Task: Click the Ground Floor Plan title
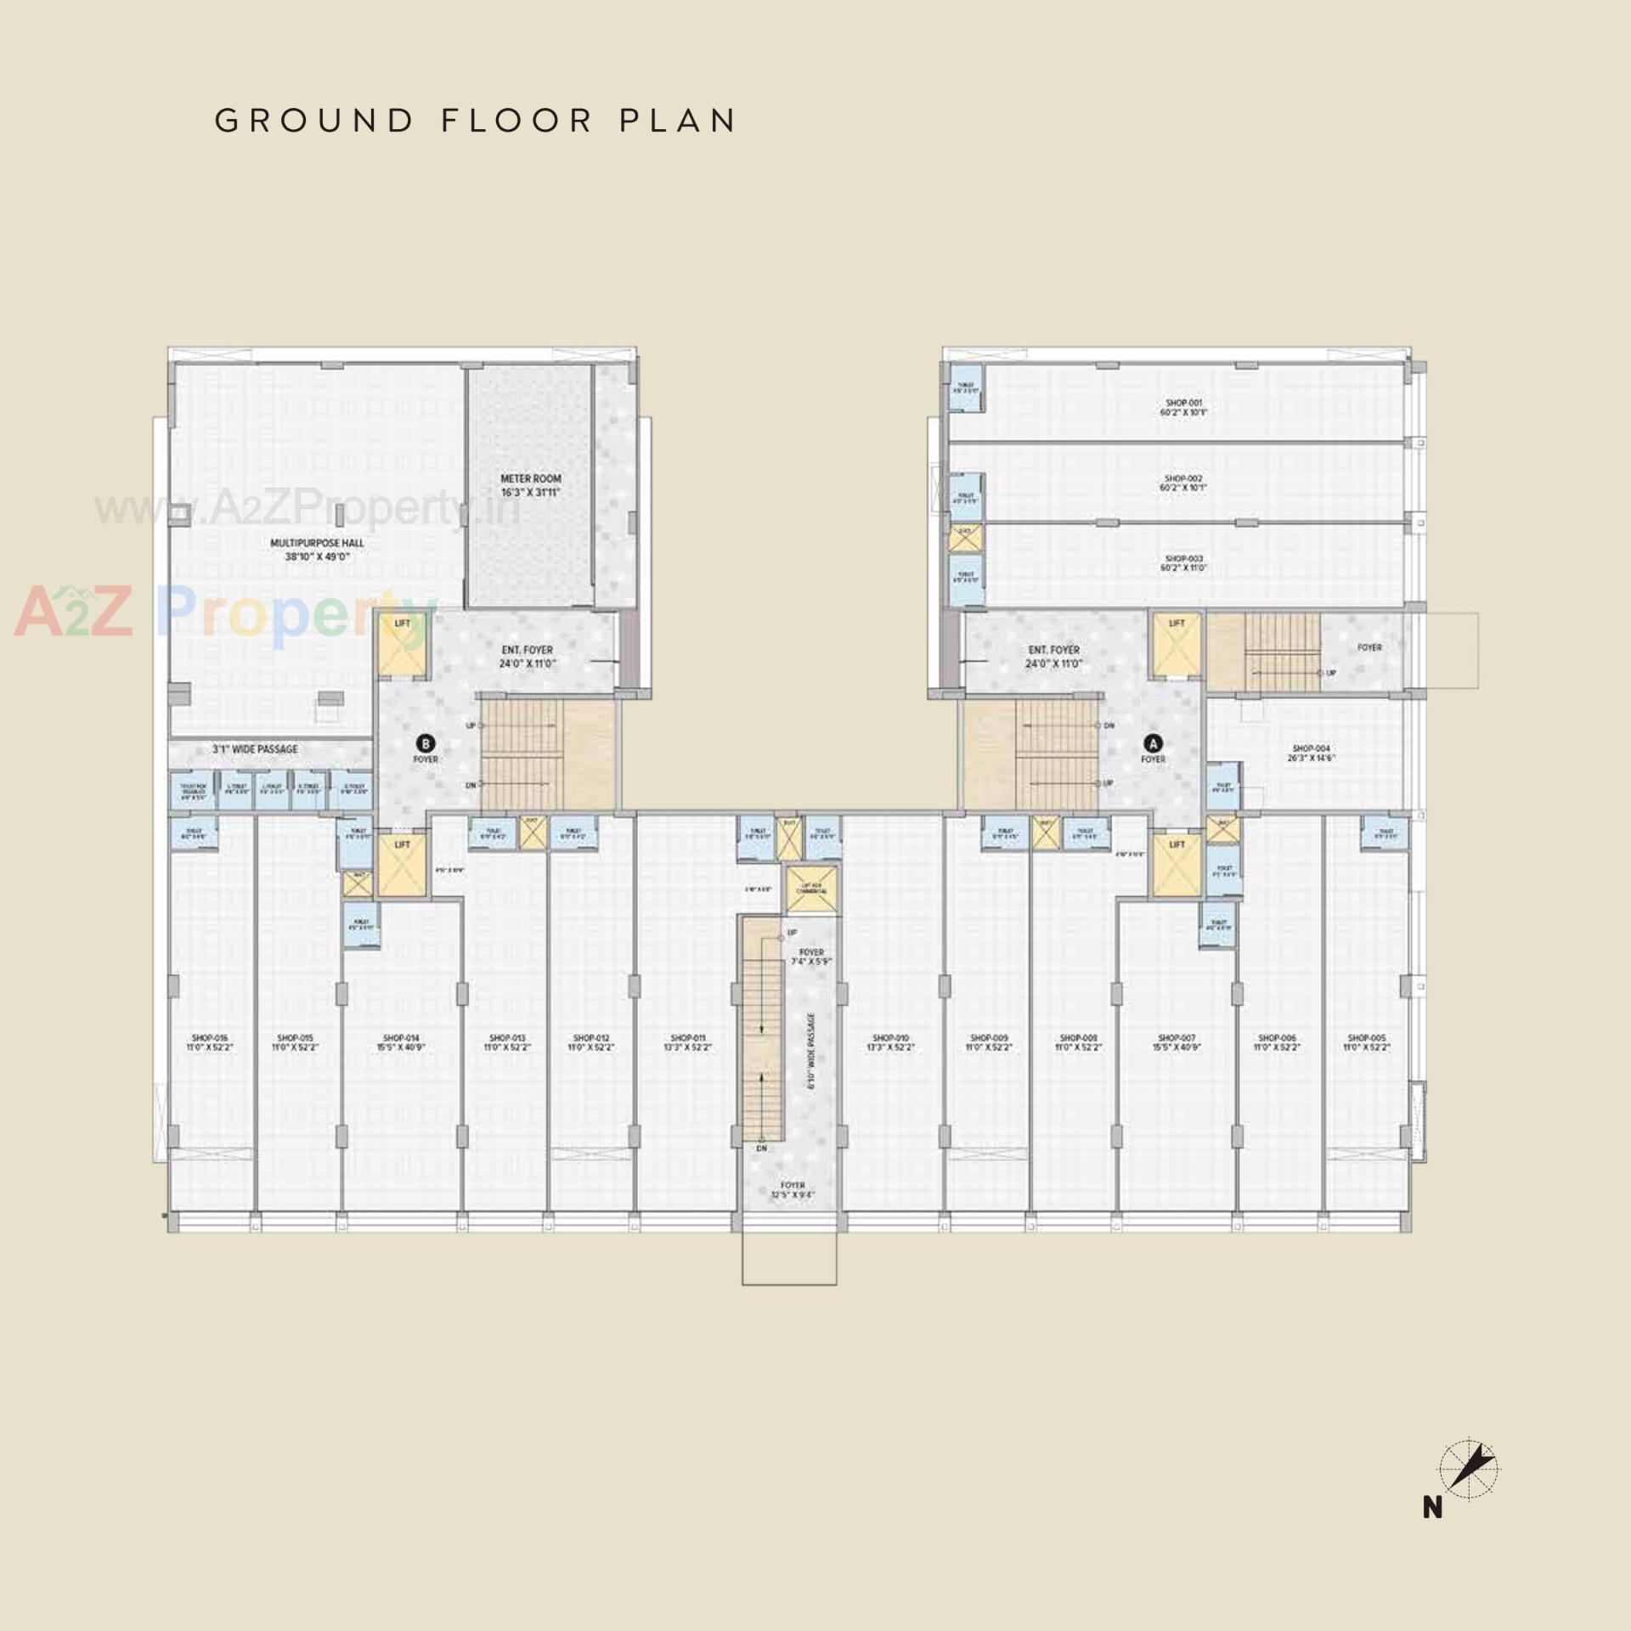475,121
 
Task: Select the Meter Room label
530,485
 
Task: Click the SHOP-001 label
1183,407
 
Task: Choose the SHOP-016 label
210,1043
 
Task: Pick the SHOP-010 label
890,1043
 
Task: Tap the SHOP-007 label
1177,1043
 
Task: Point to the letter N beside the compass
1433,1508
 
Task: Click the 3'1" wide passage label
255,749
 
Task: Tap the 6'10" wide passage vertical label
812,1050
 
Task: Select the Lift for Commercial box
811,889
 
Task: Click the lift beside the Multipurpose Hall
402,646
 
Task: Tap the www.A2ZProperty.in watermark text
307,509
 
